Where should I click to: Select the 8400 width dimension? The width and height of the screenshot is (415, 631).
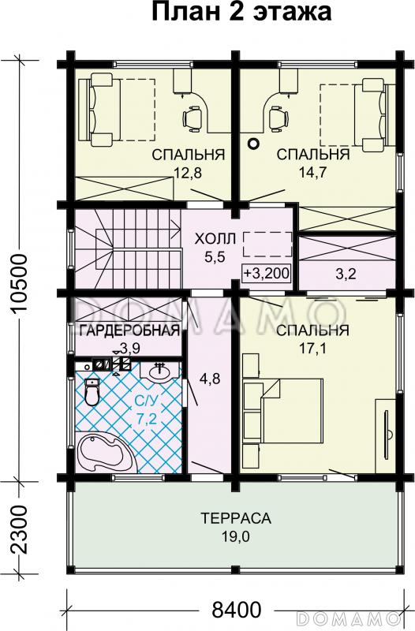(x=237, y=610)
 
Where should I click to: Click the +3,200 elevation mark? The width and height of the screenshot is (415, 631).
(x=267, y=274)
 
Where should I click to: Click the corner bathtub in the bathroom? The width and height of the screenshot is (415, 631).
(x=105, y=454)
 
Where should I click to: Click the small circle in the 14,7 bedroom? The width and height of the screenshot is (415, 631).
(x=253, y=144)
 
